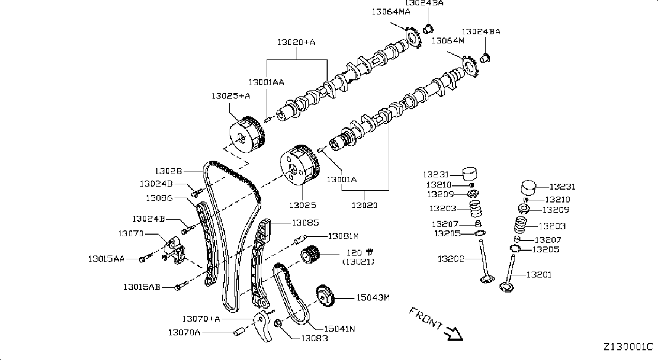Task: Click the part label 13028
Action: pos(168,171)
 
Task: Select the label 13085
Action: pos(305,223)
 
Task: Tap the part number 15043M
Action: pos(373,298)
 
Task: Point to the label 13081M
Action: pos(343,236)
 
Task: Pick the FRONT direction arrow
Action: pos(455,334)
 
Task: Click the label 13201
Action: pos(539,275)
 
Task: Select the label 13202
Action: pos(451,259)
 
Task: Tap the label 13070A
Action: pos(184,332)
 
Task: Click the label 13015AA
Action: pos(107,259)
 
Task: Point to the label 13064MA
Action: pos(391,12)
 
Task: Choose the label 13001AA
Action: pos(266,82)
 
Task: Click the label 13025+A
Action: pos(231,96)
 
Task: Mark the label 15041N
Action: pos(339,329)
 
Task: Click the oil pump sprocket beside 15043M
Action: pos(325,296)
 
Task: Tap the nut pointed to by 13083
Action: pos(277,324)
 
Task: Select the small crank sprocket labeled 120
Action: pos(310,254)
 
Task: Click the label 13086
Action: pos(159,198)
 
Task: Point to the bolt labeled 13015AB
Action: pos(182,286)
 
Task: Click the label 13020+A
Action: pos(296,42)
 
